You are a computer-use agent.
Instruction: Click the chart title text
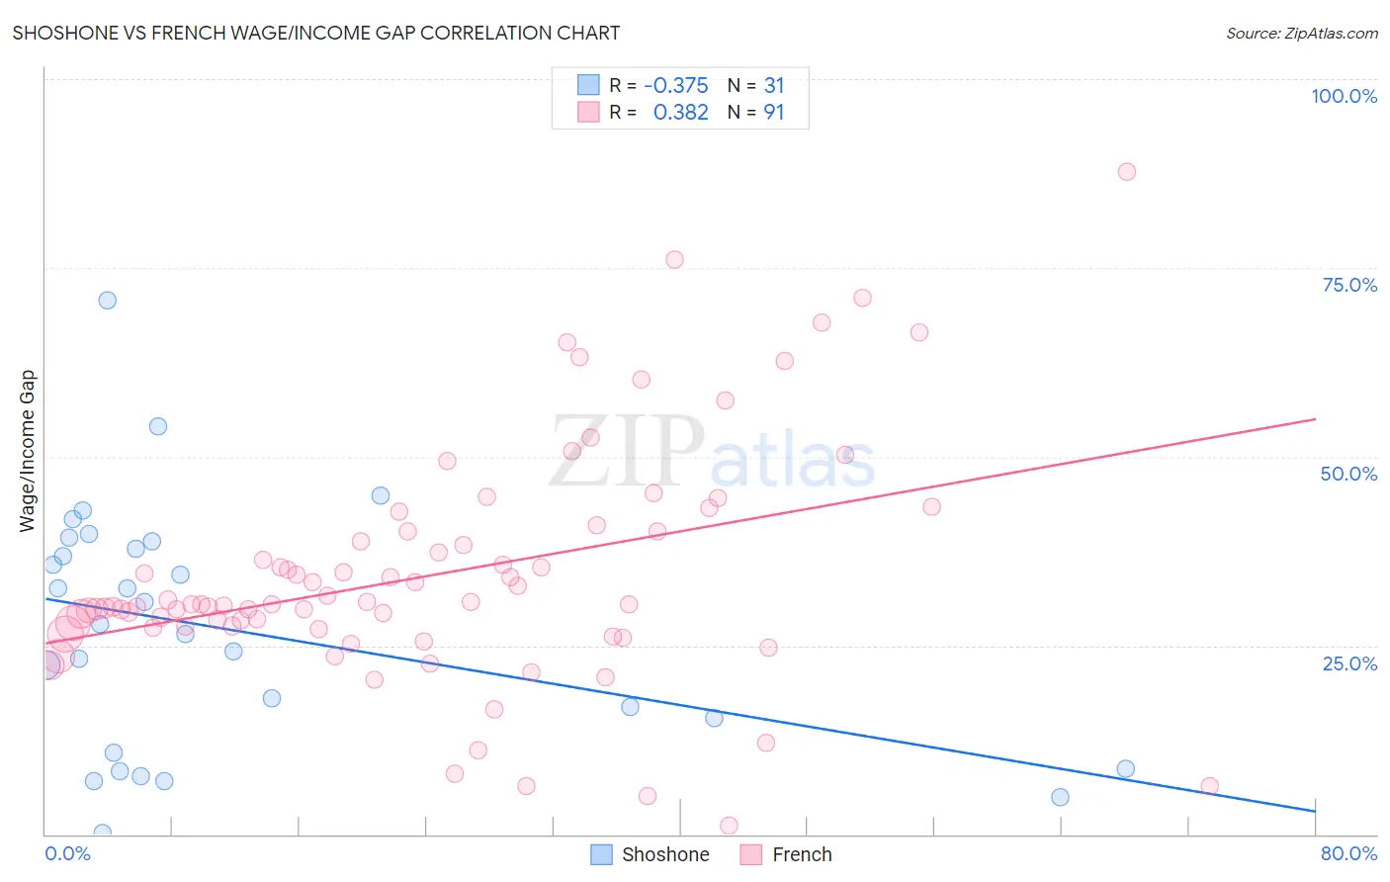pyautogui.click(x=316, y=33)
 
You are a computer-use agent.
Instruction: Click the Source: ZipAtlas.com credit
pyautogui.click(x=1301, y=33)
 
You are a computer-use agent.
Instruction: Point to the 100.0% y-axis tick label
pyautogui.click(x=1344, y=96)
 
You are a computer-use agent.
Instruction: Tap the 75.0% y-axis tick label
pyautogui.click(x=1349, y=285)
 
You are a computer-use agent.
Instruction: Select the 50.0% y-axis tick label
pyautogui.click(x=1348, y=474)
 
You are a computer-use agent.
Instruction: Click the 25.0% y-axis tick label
pyautogui.click(x=1349, y=662)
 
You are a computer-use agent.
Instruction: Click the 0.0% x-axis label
pyautogui.click(x=67, y=853)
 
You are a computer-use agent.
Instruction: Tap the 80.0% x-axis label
pyautogui.click(x=1348, y=853)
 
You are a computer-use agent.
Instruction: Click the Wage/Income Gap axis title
pyautogui.click(x=28, y=451)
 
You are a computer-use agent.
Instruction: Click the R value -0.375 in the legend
pyautogui.click(x=676, y=86)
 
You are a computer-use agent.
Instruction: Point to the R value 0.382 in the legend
pyautogui.click(x=680, y=112)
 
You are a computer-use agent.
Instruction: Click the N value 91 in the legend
pyautogui.click(x=773, y=112)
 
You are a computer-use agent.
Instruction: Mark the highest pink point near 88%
pyautogui.click(x=1126, y=171)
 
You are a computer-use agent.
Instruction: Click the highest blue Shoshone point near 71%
pyautogui.click(x=108, y=300)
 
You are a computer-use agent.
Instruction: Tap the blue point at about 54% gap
pyautogui.click(x=158, y=426)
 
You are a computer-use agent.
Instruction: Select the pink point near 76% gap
pyautogui.click(x=674, y=259)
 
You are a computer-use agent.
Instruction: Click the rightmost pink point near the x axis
pyautogui.click(x=1209, y=786)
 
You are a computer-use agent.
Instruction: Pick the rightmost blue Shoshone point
pyautogui.click(x=1125, y=768)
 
